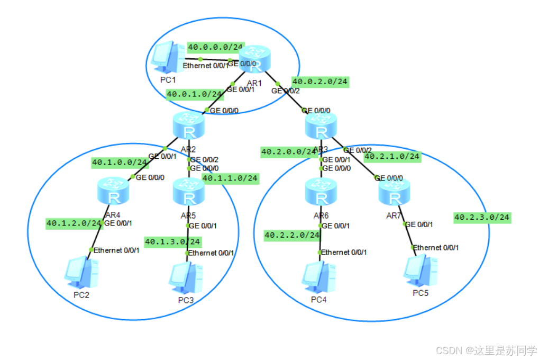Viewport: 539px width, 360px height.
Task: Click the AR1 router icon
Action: click(254, 59)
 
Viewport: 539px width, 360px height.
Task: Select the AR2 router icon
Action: click(188, 125)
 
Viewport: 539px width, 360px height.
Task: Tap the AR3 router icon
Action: click(321, 125)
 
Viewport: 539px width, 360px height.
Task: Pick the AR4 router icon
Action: click(114, 192)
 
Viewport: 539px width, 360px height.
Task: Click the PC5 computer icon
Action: click(419, 271)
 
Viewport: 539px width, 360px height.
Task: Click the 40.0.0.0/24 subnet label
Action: click(215, 47)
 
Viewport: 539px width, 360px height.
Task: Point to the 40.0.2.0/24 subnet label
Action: click(320, 82)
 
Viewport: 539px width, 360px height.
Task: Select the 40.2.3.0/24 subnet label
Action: click(482, 217)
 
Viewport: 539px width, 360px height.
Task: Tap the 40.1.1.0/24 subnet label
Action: click(230, 178)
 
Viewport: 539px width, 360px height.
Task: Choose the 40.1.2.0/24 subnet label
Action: click(74, 223)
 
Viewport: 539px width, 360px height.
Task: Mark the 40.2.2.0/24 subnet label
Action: click(291, 235)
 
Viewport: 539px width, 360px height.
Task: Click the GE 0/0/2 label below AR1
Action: click(285, 91)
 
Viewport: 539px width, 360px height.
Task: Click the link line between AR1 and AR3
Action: click(290, 96)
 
